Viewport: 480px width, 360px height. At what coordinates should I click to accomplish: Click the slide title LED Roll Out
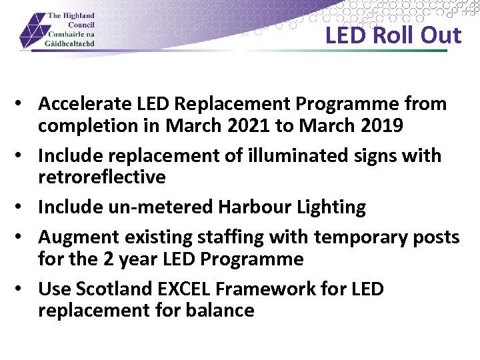pos(393,35)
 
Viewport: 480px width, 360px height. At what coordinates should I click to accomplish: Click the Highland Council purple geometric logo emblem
pos(32,31)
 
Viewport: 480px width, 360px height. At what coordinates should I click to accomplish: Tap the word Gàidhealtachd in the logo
pos(71,43)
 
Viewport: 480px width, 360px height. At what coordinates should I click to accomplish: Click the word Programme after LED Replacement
pos(350,104)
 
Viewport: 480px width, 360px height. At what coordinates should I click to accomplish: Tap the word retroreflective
pos(102,177)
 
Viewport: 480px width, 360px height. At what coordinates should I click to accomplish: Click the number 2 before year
pos(110,259)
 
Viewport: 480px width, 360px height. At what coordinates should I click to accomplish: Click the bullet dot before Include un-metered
pos(22,207)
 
